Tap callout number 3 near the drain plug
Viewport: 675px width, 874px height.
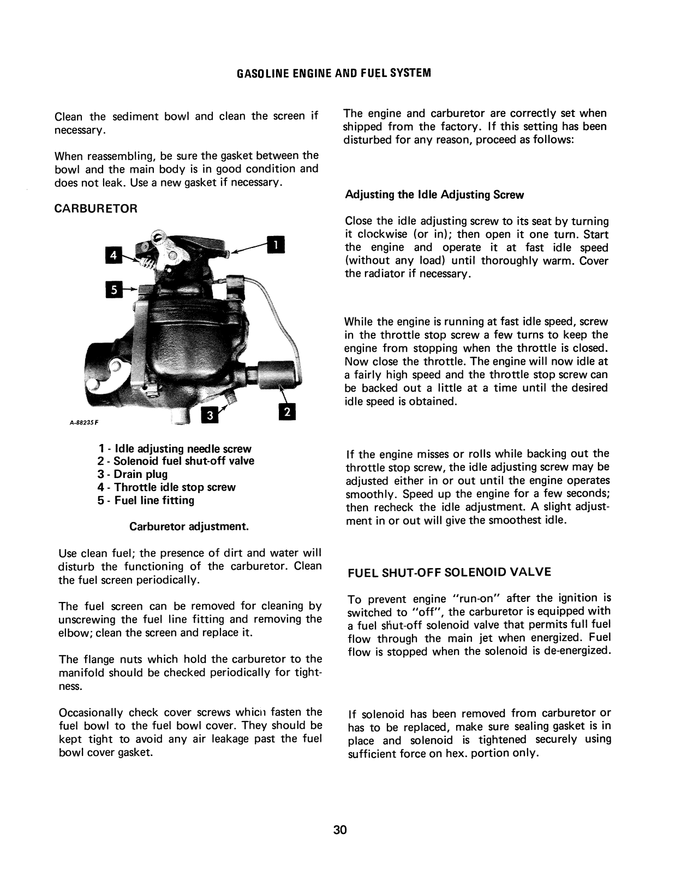coord(210,416)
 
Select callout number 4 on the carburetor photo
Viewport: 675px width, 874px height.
coord(114,255)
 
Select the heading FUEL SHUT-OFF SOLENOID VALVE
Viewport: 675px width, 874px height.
coord(450,572)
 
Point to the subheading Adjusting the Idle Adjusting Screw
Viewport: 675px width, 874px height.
coord(434,195)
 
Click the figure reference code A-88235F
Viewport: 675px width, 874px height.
coord(83,422)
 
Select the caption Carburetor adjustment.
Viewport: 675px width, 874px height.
coord(189,527)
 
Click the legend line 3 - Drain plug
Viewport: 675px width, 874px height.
coord(133,474)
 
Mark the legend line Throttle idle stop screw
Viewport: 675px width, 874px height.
coord(166,487)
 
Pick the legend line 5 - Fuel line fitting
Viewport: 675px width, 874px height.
coord(146,500)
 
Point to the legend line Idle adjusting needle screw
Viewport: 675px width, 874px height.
coord(175,448)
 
